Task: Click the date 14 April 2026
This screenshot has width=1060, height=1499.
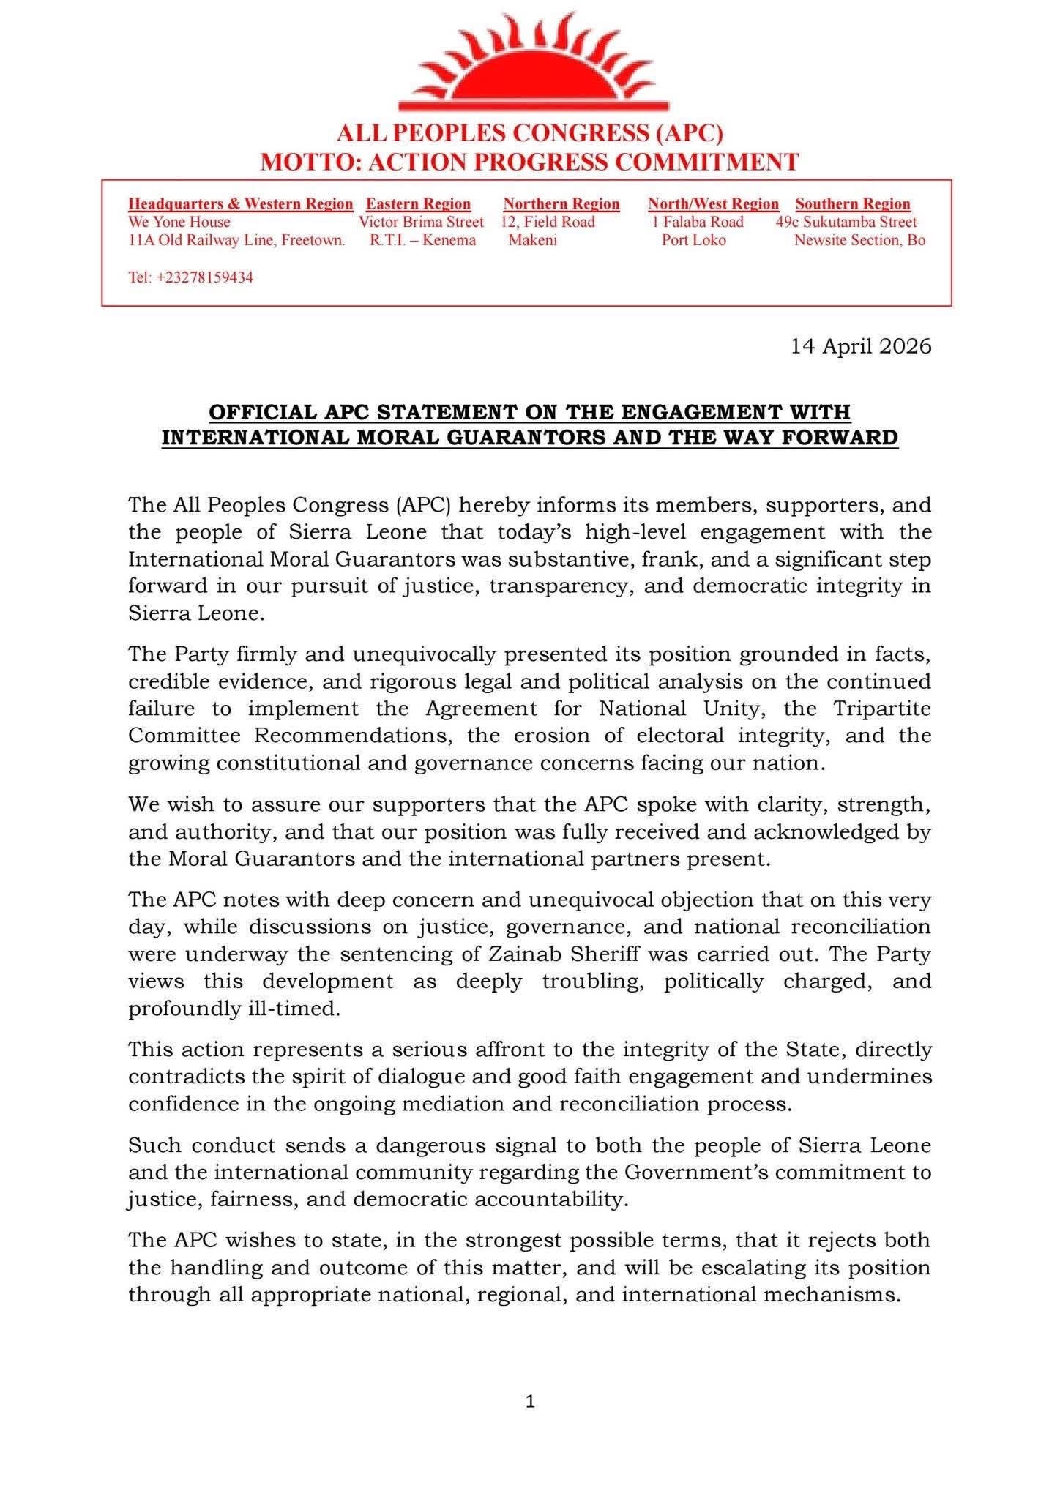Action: tap(861, 345)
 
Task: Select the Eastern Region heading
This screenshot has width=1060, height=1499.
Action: tap(418, 204)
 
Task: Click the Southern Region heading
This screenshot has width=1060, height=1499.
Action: tap(853, 204)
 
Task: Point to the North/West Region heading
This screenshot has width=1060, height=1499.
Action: tap(713, 204)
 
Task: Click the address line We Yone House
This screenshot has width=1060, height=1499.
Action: tap(179, 222)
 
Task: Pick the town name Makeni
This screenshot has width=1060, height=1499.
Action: tap(532, 240)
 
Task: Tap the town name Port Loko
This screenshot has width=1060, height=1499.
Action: tap(693, 240)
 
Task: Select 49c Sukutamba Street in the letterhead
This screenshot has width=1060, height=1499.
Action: tap(846, 222)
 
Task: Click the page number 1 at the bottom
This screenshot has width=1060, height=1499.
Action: tap(530, 1402)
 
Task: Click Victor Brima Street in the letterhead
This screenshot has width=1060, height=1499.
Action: tap(421, 222)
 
